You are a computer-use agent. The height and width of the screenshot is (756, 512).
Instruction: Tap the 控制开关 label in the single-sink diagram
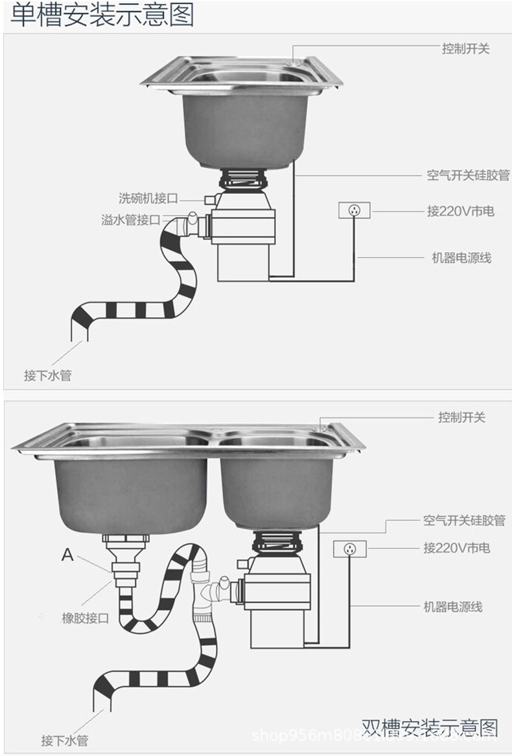465,49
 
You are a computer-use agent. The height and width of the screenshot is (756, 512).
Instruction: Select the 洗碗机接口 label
148,198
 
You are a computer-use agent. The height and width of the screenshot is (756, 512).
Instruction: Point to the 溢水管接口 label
131,220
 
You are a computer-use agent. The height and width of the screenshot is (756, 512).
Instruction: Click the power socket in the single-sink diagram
355,211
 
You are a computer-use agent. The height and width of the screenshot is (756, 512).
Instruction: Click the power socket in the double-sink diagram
350,549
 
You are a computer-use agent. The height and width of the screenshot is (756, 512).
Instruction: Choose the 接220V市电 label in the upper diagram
460,211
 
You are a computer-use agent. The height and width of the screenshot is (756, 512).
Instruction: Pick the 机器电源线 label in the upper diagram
461,258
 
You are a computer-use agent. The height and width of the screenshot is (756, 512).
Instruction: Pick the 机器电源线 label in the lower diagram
453,607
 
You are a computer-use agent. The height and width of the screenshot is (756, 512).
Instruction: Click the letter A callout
67,555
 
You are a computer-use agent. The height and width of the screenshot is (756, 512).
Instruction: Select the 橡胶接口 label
85,618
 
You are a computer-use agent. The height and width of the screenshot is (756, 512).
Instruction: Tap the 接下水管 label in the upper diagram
47,375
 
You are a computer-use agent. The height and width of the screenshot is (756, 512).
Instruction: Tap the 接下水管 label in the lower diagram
65,740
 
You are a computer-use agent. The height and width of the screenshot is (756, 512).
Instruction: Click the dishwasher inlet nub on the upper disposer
209,198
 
